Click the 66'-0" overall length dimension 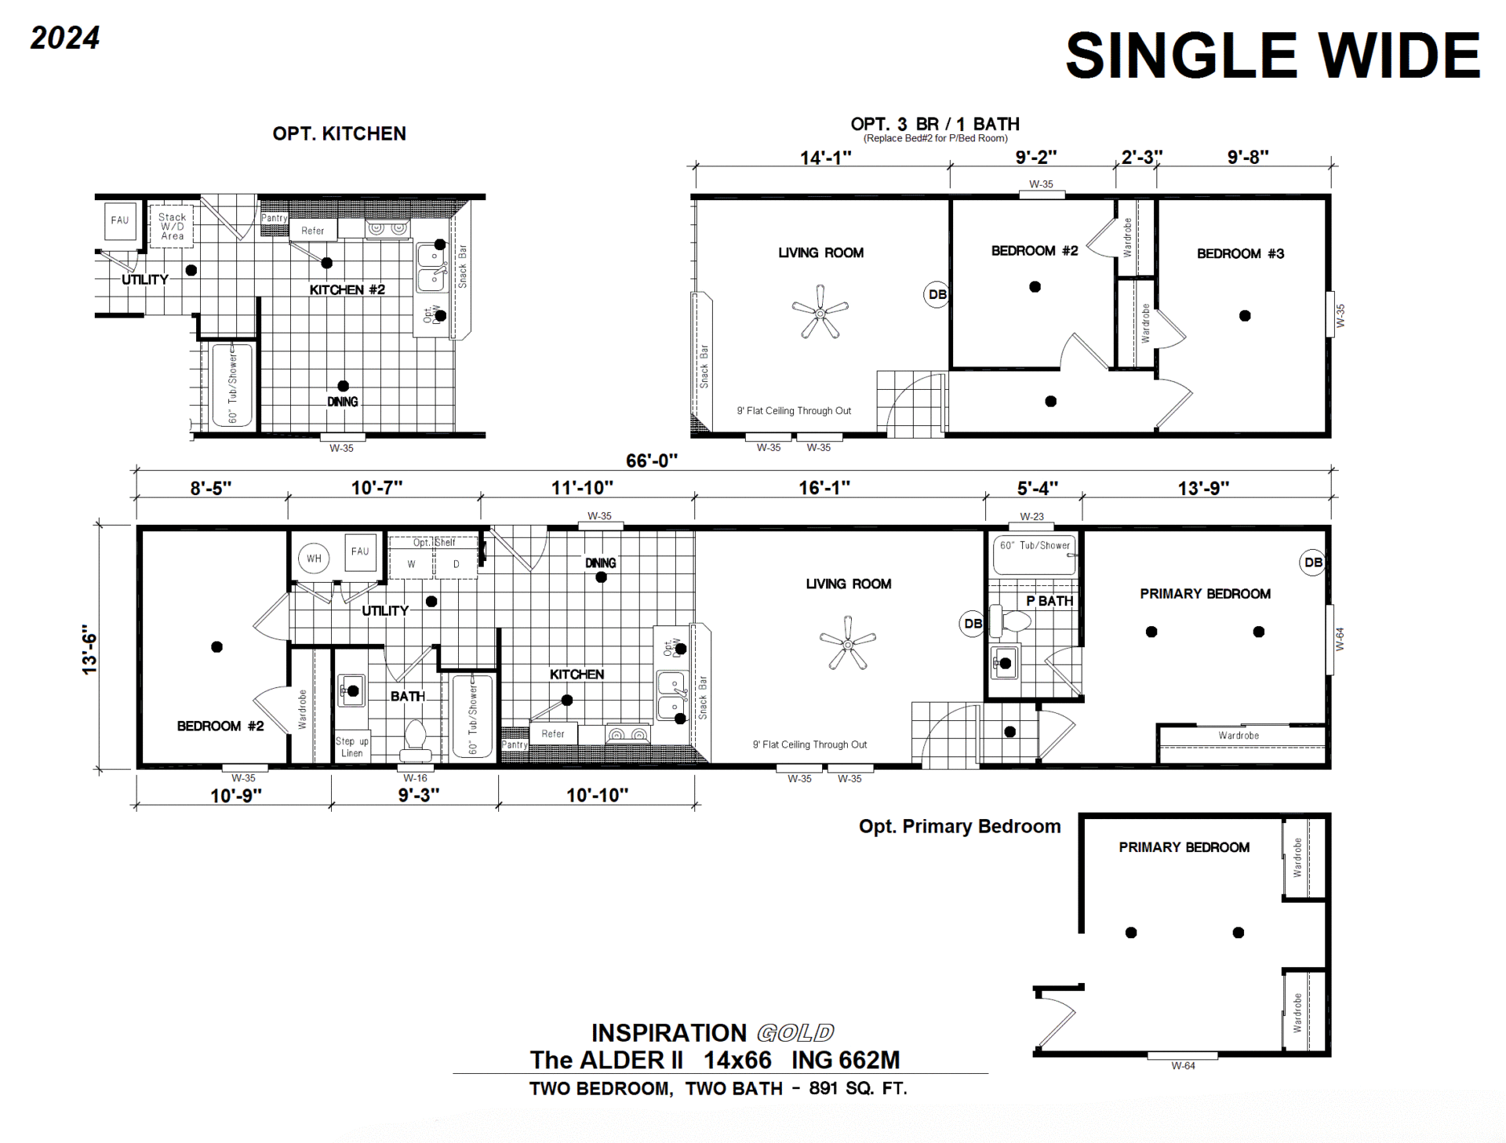pyautogui.click(x=652, y=460)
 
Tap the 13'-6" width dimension pyautogui.click(x=90, y=650)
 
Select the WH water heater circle pyautogui.click(x=314, y=559)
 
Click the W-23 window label pyautogui.click(x=1031, y=516)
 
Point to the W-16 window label pyautogui.click(x=415, y=778)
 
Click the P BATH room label pyautogui.click(x=1049, y=601)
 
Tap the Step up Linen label pyautogui.click(x=352, y=747)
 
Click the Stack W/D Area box pyautogui.click(x=172, y=226)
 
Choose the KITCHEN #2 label pyautogui.click(x=347, y=289)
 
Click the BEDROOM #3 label pyautogui.click(x=1240, y=253)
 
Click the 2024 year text pyautogui.click(x=65, y=38)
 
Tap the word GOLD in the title pyautogui.click(x=795, y=1032)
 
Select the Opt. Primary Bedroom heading pyautogui.click(x=959, y=826)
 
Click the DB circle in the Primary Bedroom pyautogui.click(x=1313, y=562)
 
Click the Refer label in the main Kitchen pyautogui.click(x=553, y=733)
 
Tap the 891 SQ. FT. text pyautogui.click(x=858, y=1089)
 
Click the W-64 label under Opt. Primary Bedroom pyautogui.click(x=1183, y=1065)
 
